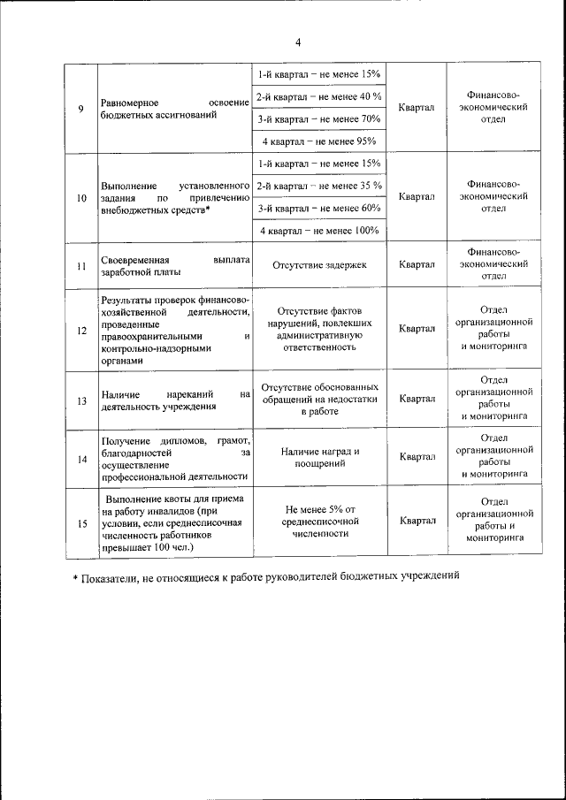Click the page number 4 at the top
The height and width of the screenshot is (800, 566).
tap(298, 42)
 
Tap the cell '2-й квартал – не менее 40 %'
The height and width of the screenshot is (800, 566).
tap(319, 96)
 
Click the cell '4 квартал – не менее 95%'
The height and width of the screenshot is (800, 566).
tap(319, 141)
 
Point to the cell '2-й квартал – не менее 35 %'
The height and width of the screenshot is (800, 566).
tap(319, 186)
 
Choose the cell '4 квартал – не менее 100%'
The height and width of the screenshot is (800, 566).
tap(319, 231)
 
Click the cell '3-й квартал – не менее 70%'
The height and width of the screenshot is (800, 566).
tap(319, 118)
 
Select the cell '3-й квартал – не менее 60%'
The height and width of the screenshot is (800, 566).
tap(319, 209)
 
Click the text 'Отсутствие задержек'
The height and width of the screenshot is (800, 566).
tap(319, 264)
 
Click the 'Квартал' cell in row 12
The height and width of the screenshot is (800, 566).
tap(417, 329)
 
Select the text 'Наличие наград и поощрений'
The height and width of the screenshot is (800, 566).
tap(319, 457)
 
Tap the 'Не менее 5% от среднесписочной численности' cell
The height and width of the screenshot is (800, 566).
tap(319, 521)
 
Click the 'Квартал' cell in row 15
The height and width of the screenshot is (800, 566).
tap(417, 521)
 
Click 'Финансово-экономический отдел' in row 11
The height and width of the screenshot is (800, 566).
tap(493, 263)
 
